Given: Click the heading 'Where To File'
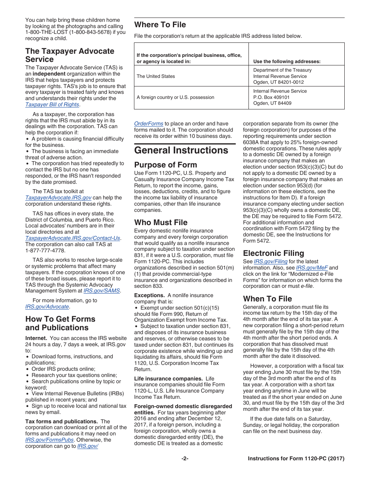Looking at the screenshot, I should pos(160,25).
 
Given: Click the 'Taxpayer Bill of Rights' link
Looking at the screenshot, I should pos(52,105).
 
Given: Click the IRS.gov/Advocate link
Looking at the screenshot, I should pos(47,307).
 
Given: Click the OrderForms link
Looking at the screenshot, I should pos(149,124).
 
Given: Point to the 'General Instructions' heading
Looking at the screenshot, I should pos(181,150).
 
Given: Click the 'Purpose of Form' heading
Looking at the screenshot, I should pos(166,165).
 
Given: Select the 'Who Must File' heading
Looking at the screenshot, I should pos(161,222).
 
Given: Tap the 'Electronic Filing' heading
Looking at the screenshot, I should pos(273,253).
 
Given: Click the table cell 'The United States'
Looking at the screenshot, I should pos(156,76).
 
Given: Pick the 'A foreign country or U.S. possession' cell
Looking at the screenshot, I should pos(175,97).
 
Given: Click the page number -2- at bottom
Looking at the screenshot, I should pos(185,459).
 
